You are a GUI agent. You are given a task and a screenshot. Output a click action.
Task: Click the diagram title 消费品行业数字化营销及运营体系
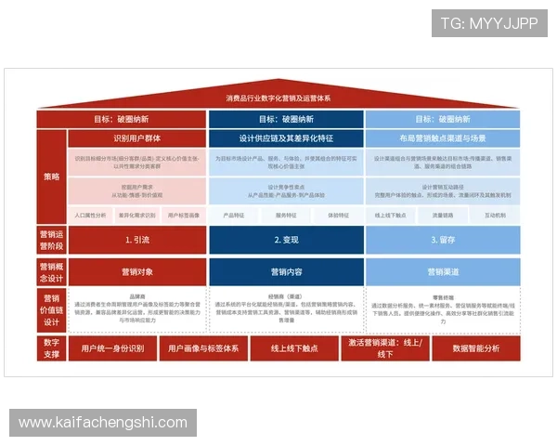click(x=278, y=98)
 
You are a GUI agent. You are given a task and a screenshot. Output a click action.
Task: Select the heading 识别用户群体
click(x=136, y=138)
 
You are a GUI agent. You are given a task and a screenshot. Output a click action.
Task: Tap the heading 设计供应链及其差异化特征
click(x=285, y=138)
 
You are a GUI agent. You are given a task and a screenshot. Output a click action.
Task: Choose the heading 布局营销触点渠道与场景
click(x=443, y=138)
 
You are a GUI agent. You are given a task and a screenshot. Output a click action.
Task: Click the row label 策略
click(x=51, y=177)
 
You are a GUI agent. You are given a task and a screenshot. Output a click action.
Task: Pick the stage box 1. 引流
click(x=136, y=240)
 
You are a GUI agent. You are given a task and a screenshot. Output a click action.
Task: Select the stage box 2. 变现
click(x=285, y=240)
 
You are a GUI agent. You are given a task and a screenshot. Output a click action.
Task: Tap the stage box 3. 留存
click(x=443, y=240)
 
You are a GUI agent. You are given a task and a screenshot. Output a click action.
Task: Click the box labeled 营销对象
click(x=136, y=272)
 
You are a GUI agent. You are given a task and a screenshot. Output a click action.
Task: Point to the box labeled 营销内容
click(x=285, y=272)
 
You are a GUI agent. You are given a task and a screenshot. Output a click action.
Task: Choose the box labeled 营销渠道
click(x=443, y=272)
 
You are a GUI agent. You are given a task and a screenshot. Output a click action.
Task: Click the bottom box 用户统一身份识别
click(x=112, y=348)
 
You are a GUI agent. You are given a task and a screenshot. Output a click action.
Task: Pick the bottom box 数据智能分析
click(x=476, y=348)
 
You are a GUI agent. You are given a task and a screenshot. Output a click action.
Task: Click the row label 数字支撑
click(x=51, y=348)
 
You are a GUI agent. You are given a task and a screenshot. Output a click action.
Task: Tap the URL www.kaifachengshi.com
click(x=103, y=423)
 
